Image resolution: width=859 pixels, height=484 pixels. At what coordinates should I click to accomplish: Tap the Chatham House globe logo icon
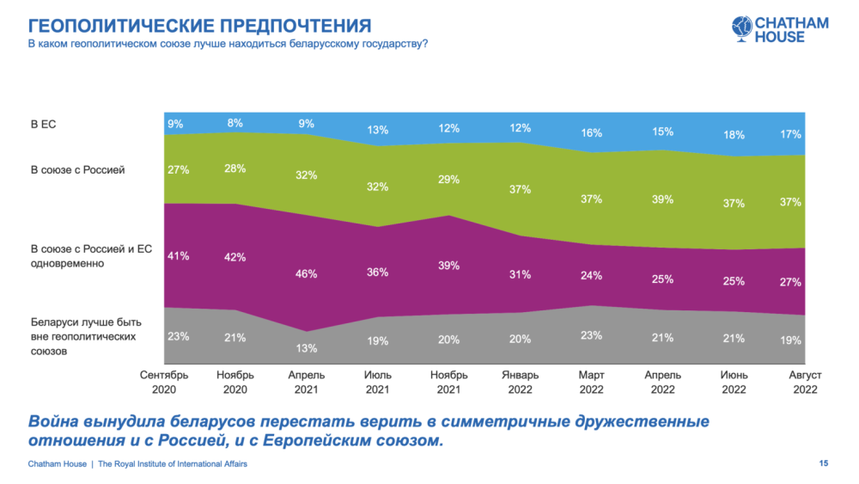tap(740, 28)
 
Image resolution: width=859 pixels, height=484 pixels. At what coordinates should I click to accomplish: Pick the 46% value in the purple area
tap(307, 274)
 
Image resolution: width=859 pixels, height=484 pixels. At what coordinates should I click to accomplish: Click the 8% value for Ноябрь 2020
tap(236, 123)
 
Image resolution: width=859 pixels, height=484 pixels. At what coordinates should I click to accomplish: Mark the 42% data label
tap(236, 257)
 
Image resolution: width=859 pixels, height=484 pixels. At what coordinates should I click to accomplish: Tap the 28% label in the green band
tap(236, 168)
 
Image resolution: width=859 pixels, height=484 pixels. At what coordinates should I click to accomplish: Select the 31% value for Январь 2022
tap(520, 274)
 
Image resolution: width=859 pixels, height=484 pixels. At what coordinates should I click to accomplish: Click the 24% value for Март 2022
tap(591, 276)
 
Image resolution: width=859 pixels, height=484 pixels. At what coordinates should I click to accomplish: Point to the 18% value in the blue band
tap(733, 135)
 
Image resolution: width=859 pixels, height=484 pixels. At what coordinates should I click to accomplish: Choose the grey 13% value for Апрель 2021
tap(307, 348)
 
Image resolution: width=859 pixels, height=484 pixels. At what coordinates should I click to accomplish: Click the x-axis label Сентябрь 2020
tap(165, 382)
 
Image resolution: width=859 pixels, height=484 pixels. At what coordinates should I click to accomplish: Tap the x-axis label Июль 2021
tap(378, 382)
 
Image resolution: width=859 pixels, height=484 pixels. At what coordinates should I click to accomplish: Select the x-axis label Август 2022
tap(804, 382)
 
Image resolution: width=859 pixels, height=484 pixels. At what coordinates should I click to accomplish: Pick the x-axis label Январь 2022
tap(520, 382)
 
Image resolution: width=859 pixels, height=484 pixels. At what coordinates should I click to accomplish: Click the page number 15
tap(823, 464)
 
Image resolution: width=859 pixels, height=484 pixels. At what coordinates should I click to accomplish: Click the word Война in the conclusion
tap(56, 422)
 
